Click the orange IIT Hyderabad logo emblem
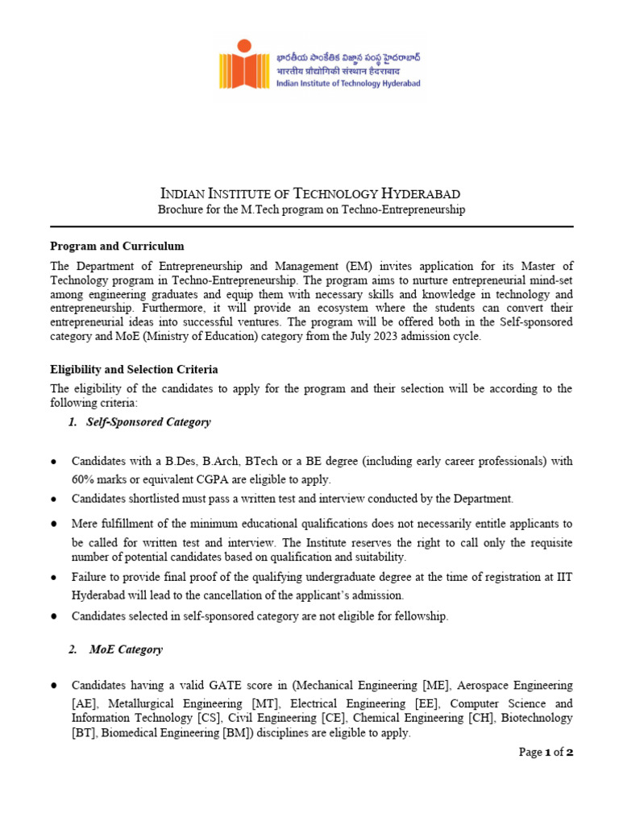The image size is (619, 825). (245, 69)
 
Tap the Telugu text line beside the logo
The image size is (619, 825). (347, 58)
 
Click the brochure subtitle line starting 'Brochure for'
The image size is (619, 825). (311, 209)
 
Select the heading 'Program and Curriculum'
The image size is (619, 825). (117, 246)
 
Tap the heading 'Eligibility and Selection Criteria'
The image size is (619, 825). (134, 369)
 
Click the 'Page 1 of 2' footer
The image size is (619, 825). (546, 752)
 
